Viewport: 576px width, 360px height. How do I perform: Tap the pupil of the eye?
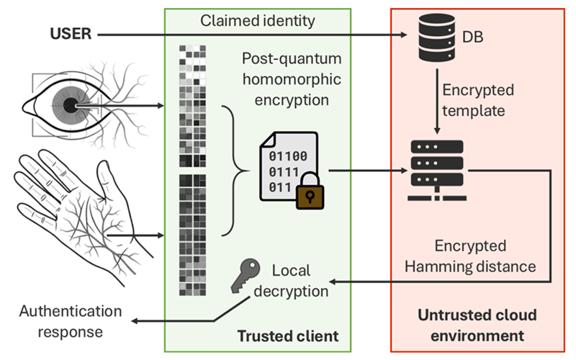tap(70, 106)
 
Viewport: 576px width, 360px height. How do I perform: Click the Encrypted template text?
tap(477, 101)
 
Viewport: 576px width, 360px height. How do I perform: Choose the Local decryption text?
tap(298, 281)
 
